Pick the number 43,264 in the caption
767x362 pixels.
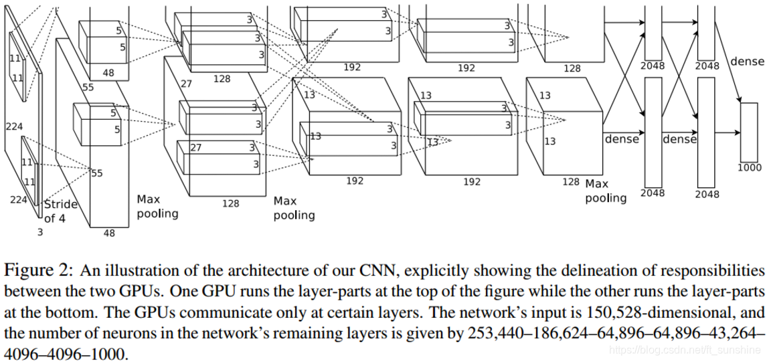(x=734, y=333)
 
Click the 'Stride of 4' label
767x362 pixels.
(x=60, y=210)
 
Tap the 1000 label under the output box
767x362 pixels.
(x=750, y=168)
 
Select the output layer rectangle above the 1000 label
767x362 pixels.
(x=749, y=132)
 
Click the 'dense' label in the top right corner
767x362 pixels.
(x=747, y=62)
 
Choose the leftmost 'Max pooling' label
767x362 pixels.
(x=158, y=206)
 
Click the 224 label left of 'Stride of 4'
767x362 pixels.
(x=17, y=199)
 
